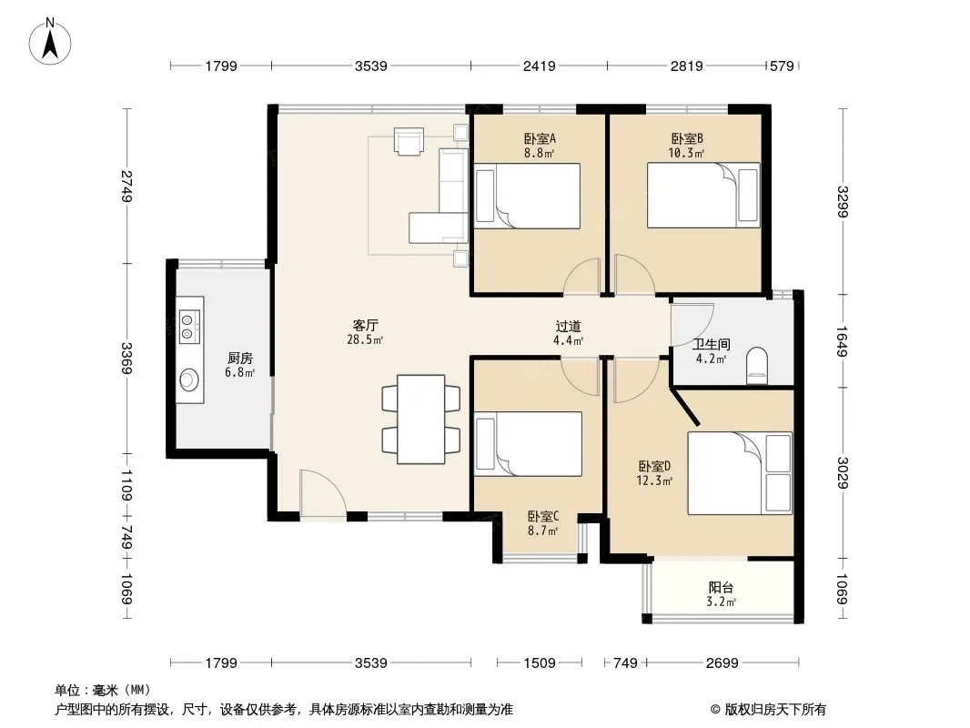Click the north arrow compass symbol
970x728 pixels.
click(50, 42)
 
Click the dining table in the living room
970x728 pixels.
click(420, 419)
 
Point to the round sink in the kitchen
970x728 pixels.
click(188, 379)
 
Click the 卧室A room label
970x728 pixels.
click(540, 138)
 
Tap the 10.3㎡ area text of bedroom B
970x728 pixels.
click(686, 153)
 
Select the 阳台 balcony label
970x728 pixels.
click(722, 588)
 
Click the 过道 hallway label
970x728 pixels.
click(568, 326)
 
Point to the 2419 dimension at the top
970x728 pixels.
click(539, 66)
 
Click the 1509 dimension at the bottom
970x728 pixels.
click(540, 663)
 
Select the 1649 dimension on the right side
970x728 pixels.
click(842, 341)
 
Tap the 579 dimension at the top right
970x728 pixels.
click(782, 66)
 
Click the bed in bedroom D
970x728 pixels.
click(740, 473)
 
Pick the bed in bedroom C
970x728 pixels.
click(528, 444)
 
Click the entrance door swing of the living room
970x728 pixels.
click(322, 494)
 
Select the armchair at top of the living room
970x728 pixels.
click(409, 141)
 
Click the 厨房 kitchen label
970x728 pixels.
click(240, 359)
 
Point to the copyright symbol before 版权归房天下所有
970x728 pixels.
click(715, 710)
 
